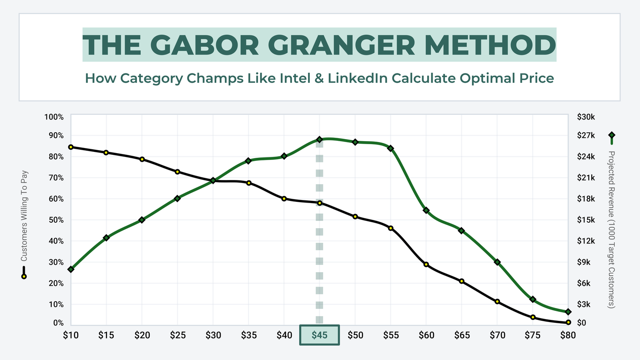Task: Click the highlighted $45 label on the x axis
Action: pos(320,335)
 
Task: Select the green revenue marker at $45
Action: pos(320,139)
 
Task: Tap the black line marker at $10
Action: pos(71,147)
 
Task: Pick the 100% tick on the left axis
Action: pos(54,117)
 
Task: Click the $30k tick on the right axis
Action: pos(586,117)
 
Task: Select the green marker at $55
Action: pos(390,148)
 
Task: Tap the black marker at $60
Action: pos(426,264)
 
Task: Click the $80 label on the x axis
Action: pos(568,335)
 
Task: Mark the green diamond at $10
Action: pos(71,269)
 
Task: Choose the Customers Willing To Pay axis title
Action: pos(24,216)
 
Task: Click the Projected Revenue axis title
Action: pos(611,229)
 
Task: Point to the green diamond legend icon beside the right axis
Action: pos(612,136)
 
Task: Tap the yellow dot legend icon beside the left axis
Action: pos(24,276)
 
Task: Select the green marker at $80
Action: pos(568,312)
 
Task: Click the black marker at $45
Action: pos(320,203)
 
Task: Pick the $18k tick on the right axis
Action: pos(586,199)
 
